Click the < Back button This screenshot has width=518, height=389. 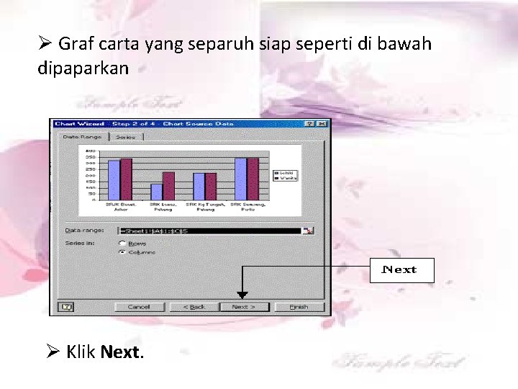(x=194, y=307)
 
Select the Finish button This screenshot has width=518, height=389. (x=299, y=307)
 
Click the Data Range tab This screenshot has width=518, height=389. (x=81, y=136)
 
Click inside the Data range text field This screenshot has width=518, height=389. (x=209, y=231)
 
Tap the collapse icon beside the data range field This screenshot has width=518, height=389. (x=308, y=231)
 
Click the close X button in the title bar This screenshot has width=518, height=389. (x=324, y=124)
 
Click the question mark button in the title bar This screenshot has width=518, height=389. (x=314, y=124)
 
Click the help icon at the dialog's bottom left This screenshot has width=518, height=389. (x=66, y=307)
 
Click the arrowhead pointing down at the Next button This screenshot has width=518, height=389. (x=242, y=295)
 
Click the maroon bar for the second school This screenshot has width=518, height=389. (x=168, y=186)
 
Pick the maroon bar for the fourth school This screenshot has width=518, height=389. (x=253, y=179)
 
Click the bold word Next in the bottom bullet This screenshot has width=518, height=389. (x=122, y=352)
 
